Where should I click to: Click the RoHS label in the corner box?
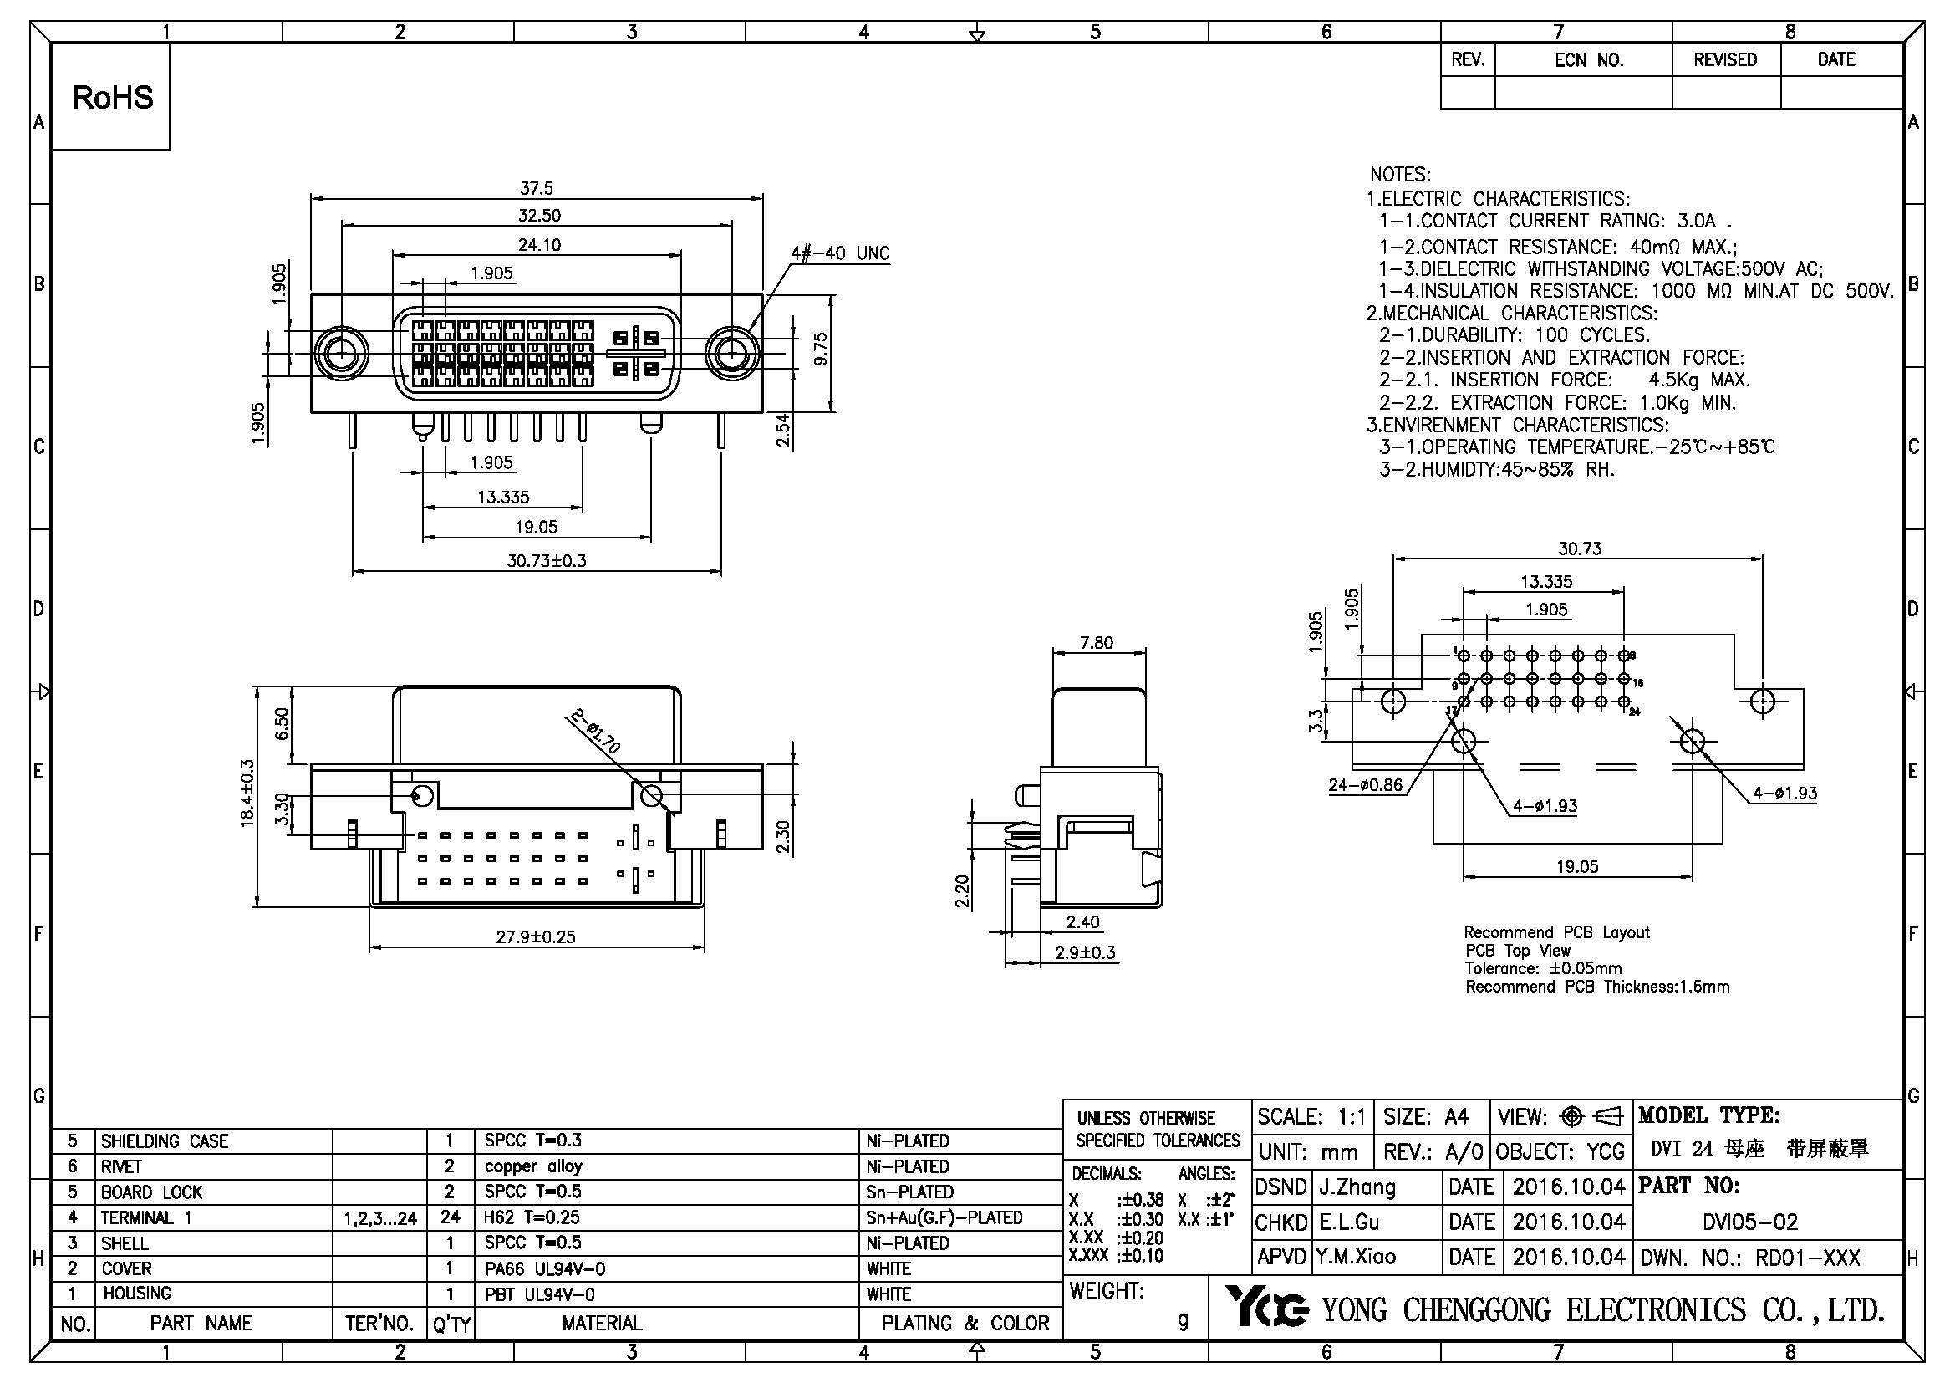point(112,98)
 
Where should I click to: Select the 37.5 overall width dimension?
point(537,188)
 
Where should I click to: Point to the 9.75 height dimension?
point(820,350)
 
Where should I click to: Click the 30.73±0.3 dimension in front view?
point(546,561)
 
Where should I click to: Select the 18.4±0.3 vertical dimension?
point(247,794)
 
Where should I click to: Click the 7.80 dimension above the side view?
point(1097,643)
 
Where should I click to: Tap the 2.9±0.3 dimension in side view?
point(1085,953)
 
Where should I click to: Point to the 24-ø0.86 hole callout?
point(1365,785)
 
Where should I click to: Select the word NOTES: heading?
point(1400,175)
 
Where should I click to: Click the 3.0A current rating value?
point(1696,222)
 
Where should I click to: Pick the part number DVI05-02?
point(1749,1223)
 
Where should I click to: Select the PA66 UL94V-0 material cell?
point(545,1269)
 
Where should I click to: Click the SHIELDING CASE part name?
point(165,1141)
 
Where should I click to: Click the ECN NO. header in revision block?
point(1589,60)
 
